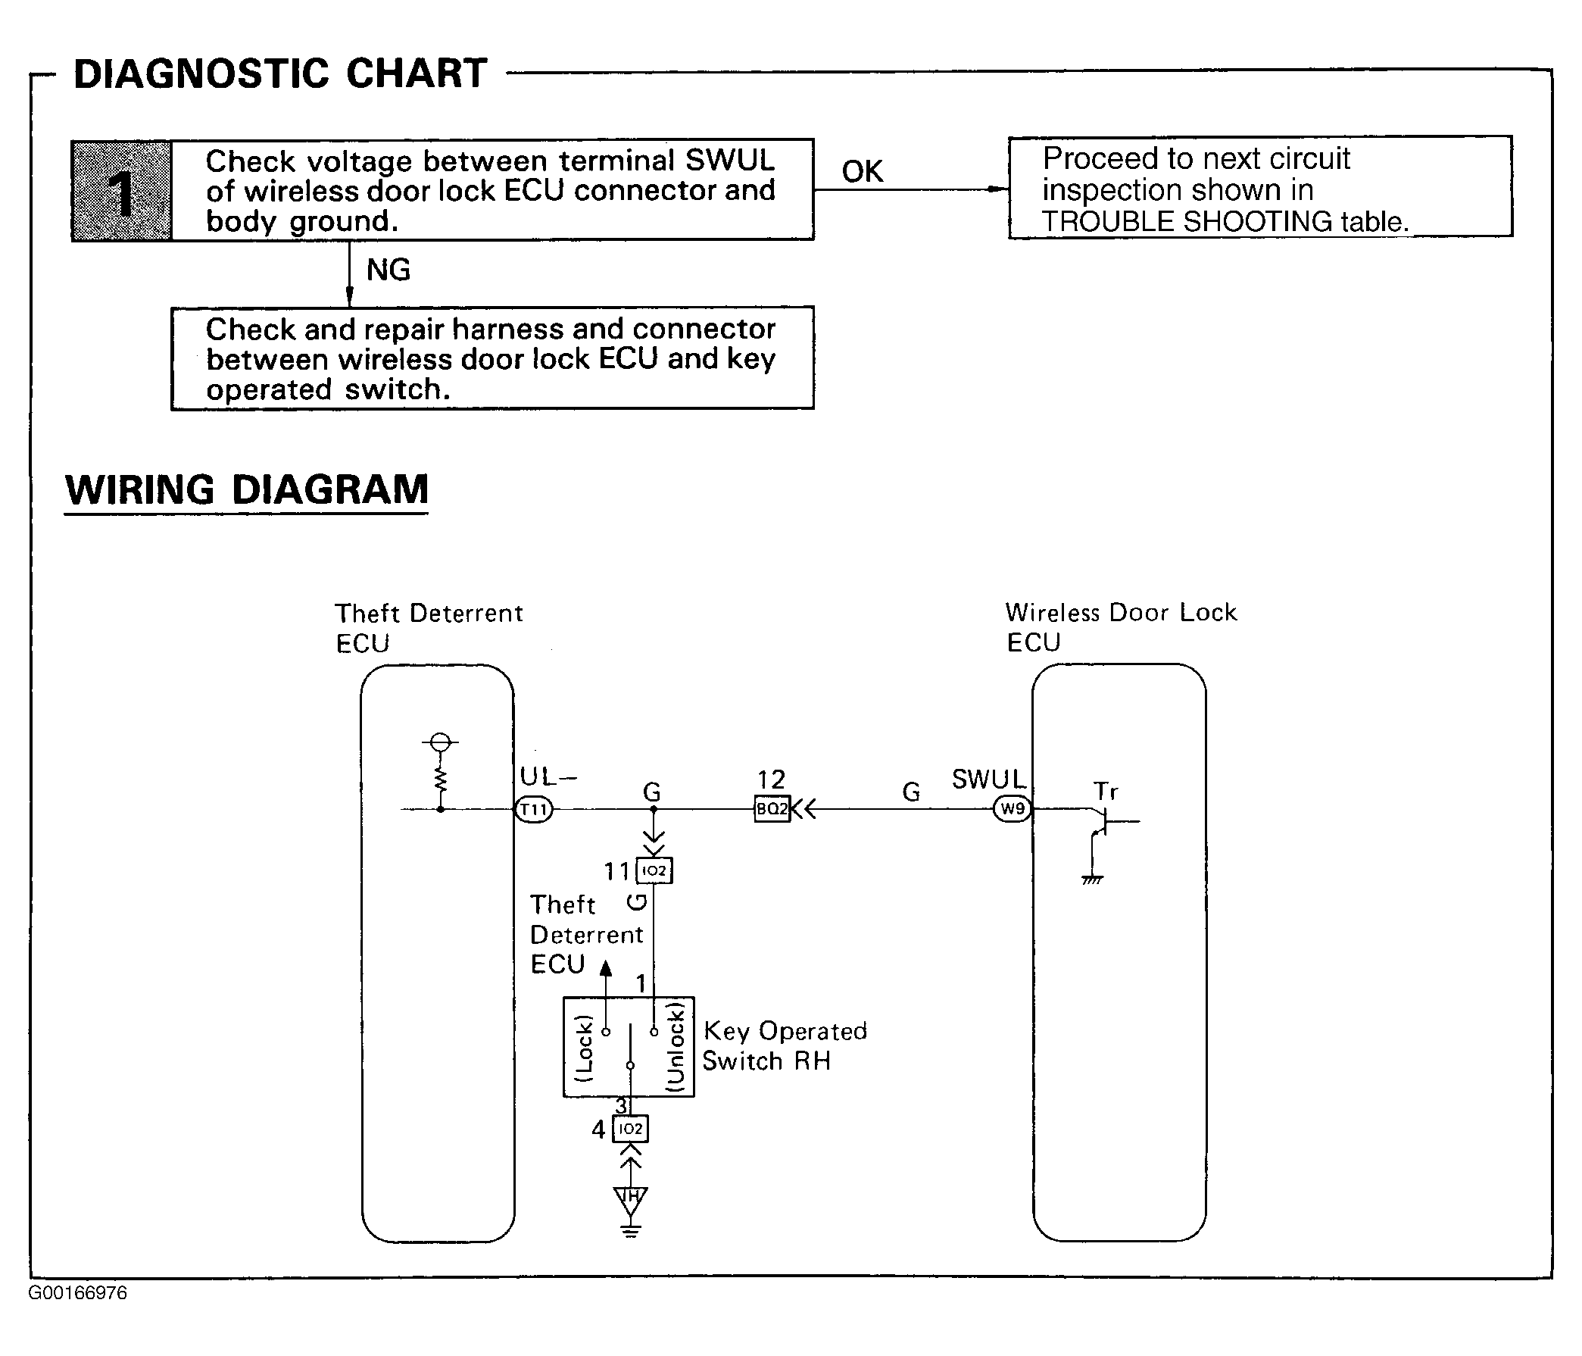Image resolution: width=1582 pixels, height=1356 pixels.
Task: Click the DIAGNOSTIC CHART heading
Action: pos(280,74)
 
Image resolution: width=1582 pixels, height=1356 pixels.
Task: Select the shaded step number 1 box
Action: pos(121,191)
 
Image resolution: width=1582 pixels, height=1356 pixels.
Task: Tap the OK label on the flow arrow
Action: pos(862,172)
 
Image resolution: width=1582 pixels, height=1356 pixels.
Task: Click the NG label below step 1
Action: pos(388,270)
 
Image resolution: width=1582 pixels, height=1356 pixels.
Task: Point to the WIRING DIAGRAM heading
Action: pos(247,489)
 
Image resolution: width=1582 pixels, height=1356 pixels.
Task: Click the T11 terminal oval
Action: pos(534,809)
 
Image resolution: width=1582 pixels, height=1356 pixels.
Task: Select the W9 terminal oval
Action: pos(1013,809)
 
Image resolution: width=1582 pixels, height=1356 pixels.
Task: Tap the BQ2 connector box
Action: pos(772,809)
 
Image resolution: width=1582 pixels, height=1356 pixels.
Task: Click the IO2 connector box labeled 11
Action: pos(654,871)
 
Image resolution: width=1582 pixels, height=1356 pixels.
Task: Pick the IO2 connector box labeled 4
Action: pos(630,1129)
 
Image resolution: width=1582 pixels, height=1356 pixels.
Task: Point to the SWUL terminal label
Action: pos(988,780)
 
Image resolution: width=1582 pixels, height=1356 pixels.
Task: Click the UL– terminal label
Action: pos(548,777)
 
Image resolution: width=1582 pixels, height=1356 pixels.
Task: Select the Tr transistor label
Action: pos(1106,791)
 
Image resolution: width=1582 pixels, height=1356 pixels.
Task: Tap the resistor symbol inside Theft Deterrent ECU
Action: pos(440,780)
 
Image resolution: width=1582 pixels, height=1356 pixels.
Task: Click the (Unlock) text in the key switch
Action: pos(676,1047)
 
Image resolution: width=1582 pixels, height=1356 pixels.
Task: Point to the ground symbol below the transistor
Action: pos(1093,880)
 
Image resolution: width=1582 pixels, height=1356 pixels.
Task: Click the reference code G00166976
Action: pos(78,1293)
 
